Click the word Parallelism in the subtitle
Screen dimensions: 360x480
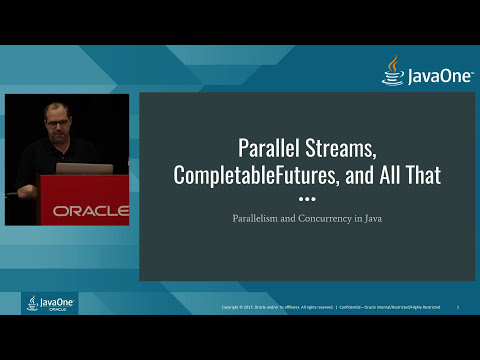click(x=263, y=216)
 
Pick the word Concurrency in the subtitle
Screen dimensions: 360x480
click(x=332, y=216)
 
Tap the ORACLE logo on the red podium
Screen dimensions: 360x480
click(x=90, y=211)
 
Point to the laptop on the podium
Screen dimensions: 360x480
click(x=84, y=168)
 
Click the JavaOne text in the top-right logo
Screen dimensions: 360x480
click(x=433, y=75)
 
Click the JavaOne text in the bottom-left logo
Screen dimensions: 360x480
click(x=52, y=300)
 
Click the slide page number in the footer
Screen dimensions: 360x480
click(x=457, y=308)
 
